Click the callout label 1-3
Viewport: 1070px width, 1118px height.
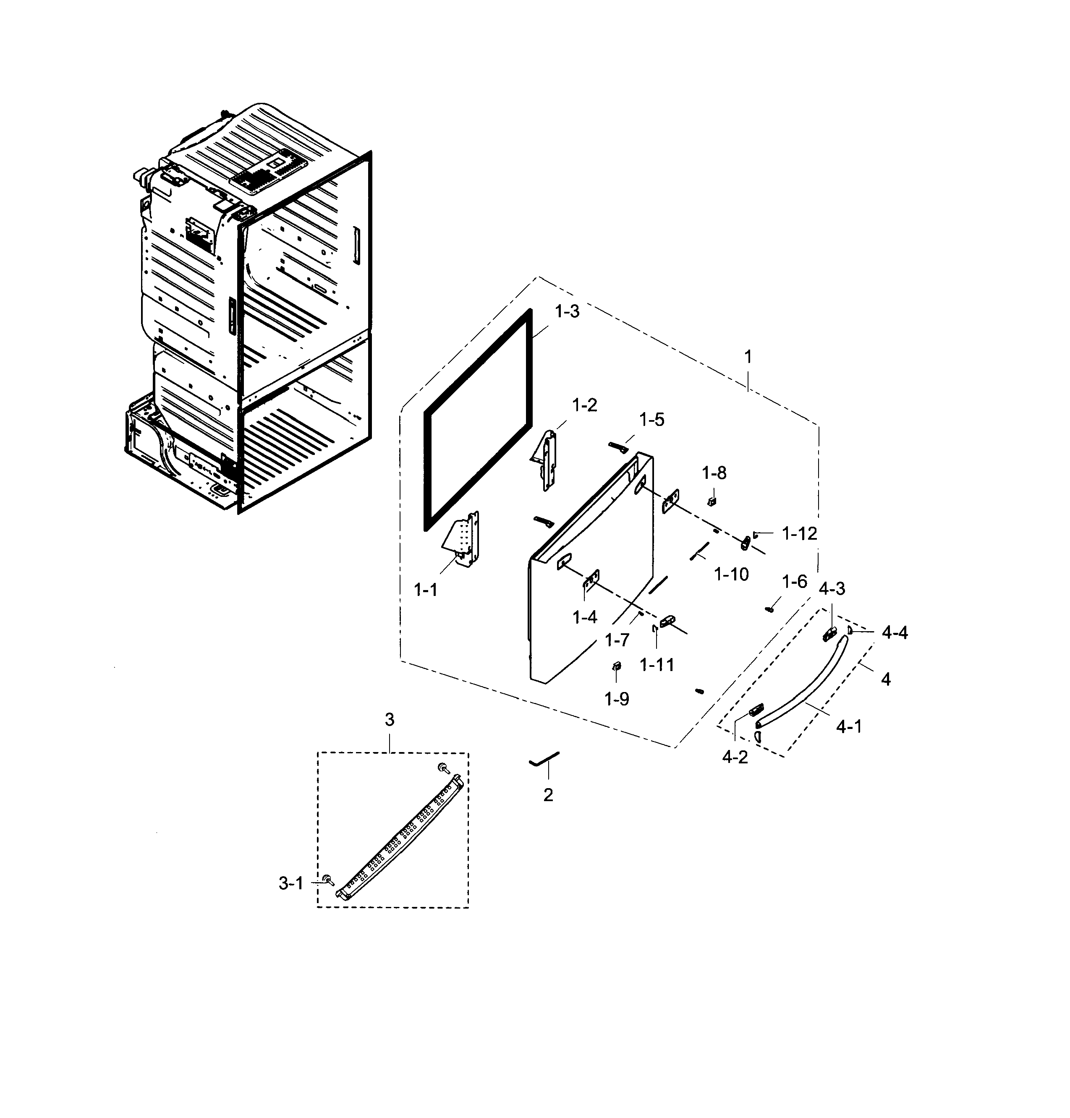567,311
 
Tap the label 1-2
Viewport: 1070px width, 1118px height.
585,405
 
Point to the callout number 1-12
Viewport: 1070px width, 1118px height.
799,534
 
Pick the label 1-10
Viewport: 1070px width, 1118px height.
731,574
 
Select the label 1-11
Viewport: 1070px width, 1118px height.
657,665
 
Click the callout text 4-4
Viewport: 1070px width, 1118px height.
895,632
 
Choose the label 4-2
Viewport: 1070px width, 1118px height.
735,757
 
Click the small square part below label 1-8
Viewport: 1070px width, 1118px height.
711,501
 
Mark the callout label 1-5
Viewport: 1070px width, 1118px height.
651,420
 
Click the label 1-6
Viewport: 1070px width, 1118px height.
795,582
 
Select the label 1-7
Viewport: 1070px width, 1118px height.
617,640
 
